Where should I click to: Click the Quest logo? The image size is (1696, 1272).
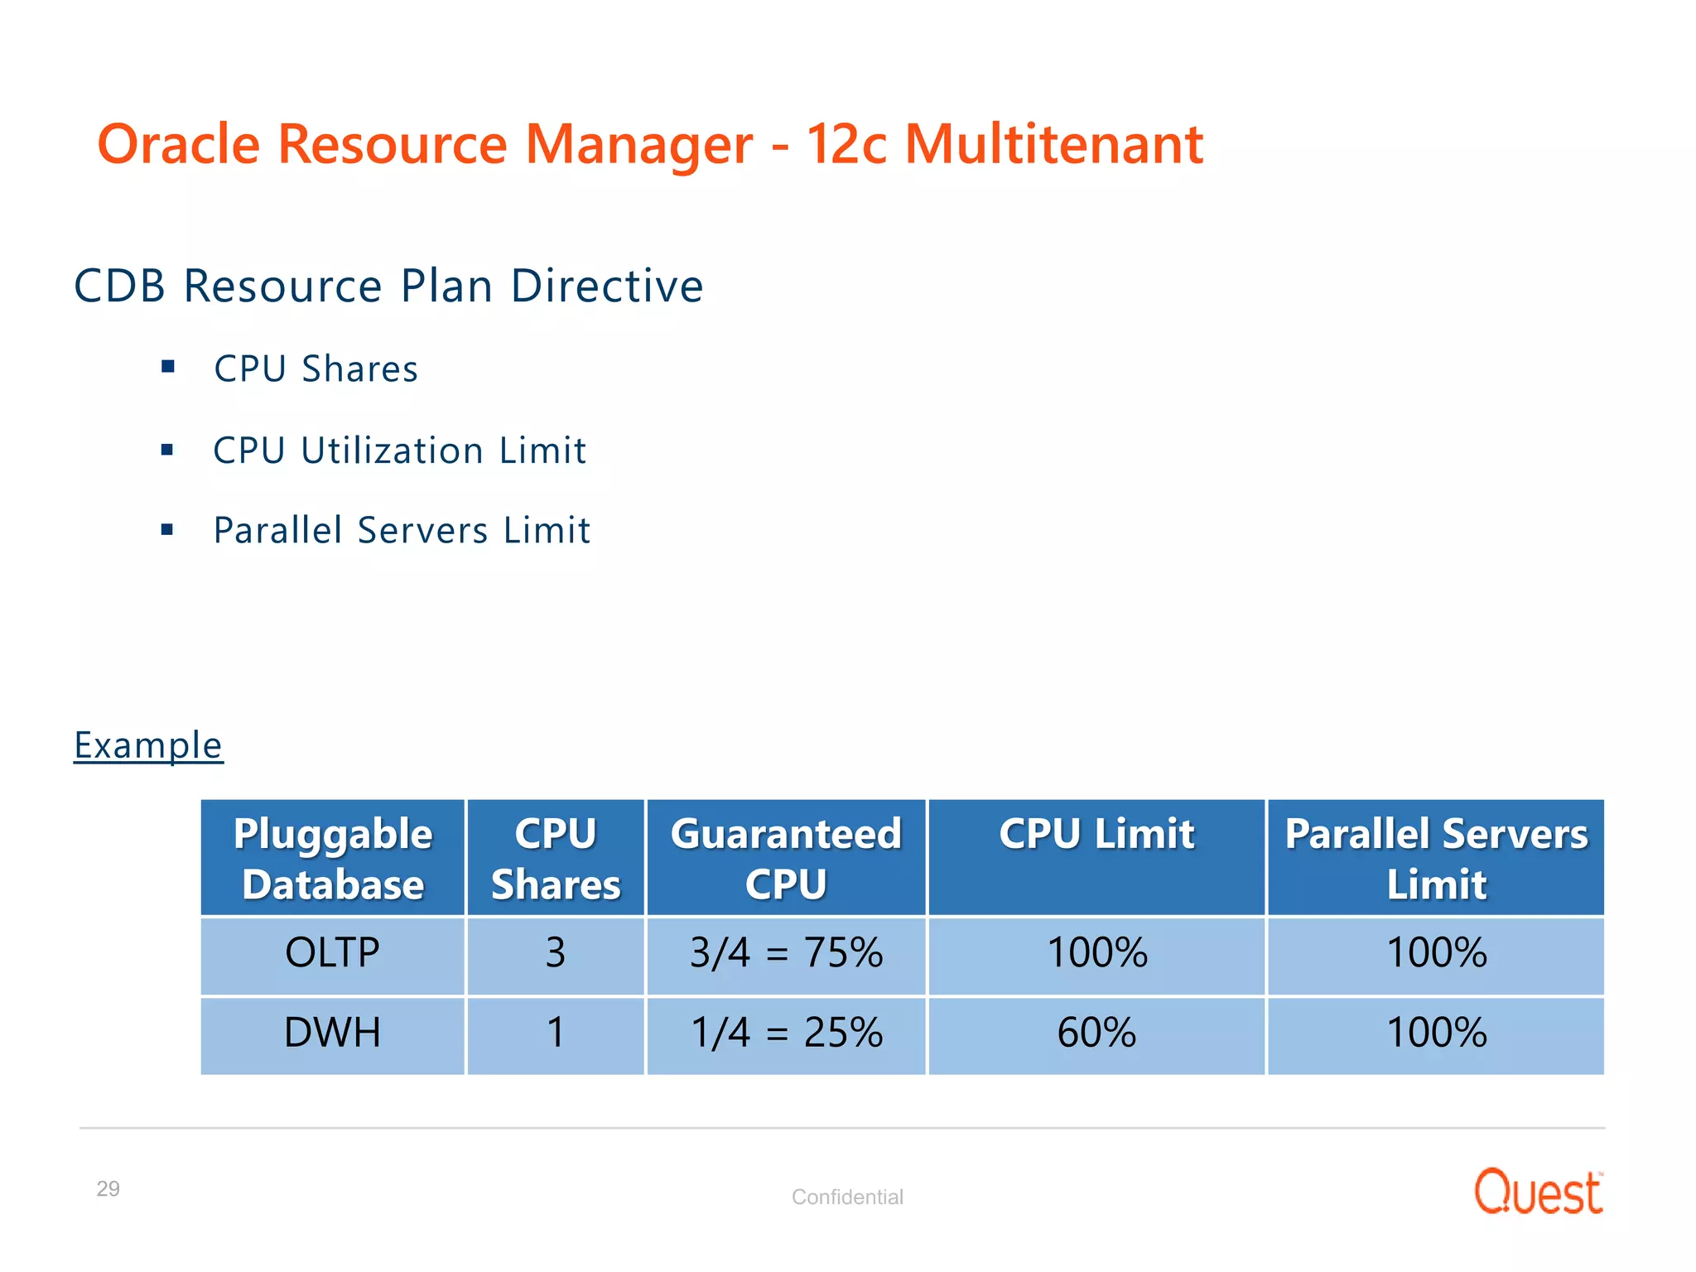coord(1538,1193)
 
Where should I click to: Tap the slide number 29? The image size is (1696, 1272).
coord(108,1188)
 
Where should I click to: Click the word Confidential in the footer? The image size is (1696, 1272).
coord(847,1197)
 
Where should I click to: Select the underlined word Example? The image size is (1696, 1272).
coord(148,745)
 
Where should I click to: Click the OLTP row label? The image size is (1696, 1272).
coord(332,952)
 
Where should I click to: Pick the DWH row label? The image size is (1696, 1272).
coord(332,1033)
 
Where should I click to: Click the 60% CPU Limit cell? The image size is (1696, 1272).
coord(1096,1033)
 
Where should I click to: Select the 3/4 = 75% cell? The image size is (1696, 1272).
coord(786,952)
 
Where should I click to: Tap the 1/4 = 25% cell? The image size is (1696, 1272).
coord(786,1033)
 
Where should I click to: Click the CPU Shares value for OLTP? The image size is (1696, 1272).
coord(556,952)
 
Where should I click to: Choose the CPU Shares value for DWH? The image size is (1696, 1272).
coord(556,1033)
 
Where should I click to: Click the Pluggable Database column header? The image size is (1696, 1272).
coord(333,858)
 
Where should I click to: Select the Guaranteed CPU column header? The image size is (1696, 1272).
coord(786,858)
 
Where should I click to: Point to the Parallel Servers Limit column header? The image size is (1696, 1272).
coord(1436,858)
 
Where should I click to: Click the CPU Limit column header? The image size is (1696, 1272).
coord(1096,834)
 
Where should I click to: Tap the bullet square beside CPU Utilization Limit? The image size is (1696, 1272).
coord(167,450)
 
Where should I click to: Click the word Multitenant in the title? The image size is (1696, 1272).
coord(1053,144)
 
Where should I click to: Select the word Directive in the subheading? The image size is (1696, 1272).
coord(607,287)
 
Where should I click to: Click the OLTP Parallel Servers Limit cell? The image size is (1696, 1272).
coord(1436,952)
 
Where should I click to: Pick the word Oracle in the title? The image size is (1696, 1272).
coord(179,144)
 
